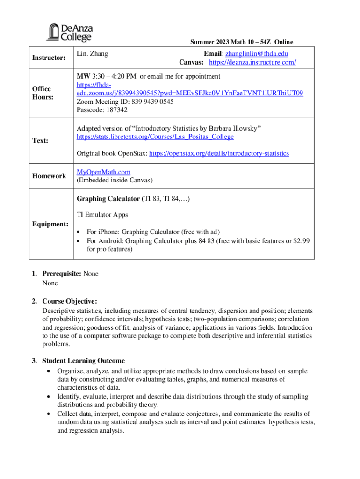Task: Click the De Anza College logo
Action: (69, 32)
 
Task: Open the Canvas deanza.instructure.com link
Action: (252, 62)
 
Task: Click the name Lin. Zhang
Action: (92, 54)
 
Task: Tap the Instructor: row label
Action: (48, 58)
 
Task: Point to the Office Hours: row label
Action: (42, 93)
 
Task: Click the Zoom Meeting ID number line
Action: (119, 102)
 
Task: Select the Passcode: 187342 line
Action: (102, 110)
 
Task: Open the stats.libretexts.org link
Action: (155, 137)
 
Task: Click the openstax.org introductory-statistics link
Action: (219, 153)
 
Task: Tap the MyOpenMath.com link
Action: (103, 172)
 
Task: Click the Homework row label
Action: (49, 176)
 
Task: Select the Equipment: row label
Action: (50, 224)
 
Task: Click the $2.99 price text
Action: (302, 240)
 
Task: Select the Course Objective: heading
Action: (70, 301)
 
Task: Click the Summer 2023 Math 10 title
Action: (241, 42)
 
